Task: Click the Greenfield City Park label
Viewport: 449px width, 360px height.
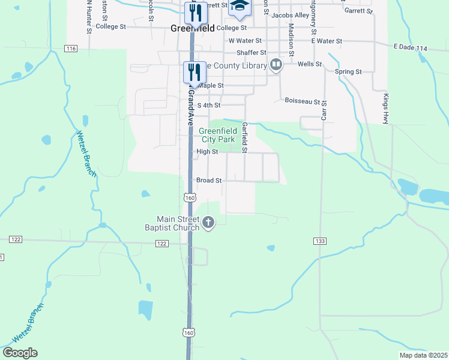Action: (217, 135)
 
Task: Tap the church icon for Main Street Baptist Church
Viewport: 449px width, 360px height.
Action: (208, 223)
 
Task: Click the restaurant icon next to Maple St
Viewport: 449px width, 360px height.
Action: (194, 72)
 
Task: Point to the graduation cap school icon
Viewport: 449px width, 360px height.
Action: (240, 6)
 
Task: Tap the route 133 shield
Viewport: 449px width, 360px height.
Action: (319, 241)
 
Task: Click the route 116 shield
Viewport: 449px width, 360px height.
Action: (72, 48)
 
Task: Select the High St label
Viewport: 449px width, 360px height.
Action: (207, 152)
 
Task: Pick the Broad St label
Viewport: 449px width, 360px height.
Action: (209, 180)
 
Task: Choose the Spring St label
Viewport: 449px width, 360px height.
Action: (348, 72)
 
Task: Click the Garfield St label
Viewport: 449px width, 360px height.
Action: (245, 137)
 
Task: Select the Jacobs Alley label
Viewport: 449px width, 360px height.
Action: (290, 15)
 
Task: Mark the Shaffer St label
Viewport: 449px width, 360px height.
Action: (252, 53)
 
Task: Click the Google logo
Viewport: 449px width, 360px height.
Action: (20, 353)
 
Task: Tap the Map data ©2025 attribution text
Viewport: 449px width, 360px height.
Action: (423, 355)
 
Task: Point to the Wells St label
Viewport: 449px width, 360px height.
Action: (310, 64)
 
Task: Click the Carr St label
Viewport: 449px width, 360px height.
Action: (324, 110)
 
